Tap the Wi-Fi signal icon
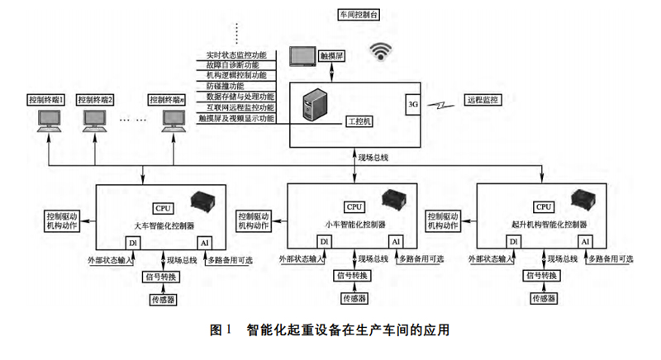point(382,51)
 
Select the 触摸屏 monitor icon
point(312,57)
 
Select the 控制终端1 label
point(46,100)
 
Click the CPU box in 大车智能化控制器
point(162,207)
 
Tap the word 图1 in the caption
point(220,331)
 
